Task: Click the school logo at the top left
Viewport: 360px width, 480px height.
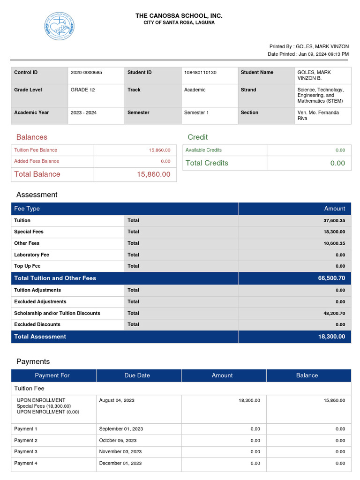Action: click(x=60, y=26)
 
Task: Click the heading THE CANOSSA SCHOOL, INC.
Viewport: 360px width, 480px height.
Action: click(x=179, y=16)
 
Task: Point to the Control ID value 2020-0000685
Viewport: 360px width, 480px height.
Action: click(x=86, y=73)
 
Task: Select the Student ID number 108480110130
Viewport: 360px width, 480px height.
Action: click(x=200, y=73)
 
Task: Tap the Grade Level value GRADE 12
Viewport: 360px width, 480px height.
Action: click(x=82, y=90)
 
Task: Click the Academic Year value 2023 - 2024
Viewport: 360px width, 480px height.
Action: click(x=83, y=113)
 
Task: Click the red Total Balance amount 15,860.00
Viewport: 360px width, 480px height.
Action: click(x=154, y=174)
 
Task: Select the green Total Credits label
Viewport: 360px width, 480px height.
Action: click(x=207, y=163)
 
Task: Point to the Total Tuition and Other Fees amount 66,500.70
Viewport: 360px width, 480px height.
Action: click(x=331, y=278)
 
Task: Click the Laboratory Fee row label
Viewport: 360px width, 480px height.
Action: click(x=31, y=255)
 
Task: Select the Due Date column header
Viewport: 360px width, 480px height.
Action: click(x=137, y=375)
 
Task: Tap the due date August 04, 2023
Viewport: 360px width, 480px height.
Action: click(x=117, y=400)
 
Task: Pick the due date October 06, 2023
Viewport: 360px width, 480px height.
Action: click(x=118, y=441)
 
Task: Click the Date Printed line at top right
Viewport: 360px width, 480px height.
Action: click(x=308, y=54)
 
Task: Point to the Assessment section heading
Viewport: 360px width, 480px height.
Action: click(x=37, y=195)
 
